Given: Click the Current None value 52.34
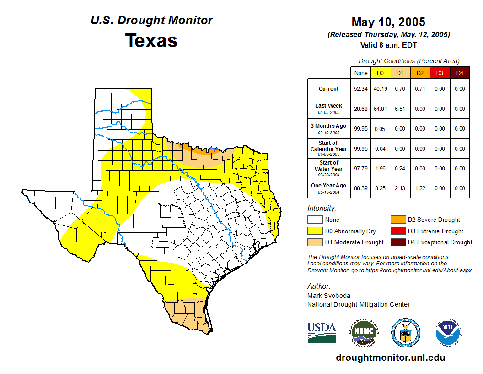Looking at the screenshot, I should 360,89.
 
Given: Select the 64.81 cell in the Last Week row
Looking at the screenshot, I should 380,109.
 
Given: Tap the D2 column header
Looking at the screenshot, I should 420,73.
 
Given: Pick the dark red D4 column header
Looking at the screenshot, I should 460,73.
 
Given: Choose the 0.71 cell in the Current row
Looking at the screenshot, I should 420,89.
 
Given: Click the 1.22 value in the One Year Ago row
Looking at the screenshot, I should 420,188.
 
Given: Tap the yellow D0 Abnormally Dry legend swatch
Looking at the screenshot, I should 315,231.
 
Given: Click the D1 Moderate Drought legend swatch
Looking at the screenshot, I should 315,242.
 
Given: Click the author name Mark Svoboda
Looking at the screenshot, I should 325,296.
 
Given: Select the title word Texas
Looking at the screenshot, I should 151,41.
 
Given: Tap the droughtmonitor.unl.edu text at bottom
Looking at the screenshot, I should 390,357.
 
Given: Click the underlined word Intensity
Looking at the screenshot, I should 322,209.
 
